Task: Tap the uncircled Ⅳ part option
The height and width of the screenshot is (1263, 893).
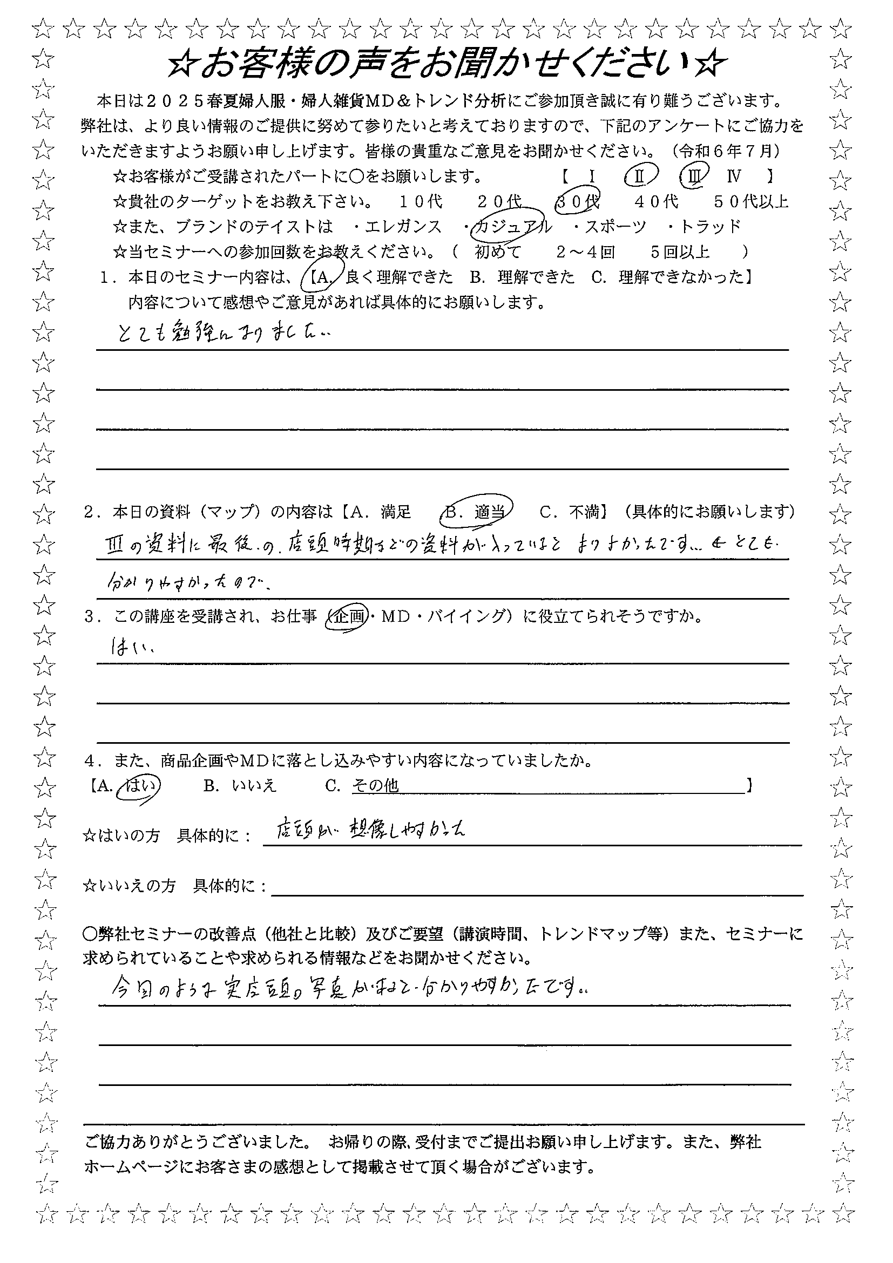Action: [x=733, y=176]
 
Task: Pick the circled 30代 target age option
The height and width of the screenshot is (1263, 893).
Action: [x=577, y=202]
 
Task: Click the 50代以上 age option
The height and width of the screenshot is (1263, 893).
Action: [x=751, y=202]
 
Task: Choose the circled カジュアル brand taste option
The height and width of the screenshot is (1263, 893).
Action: [x=512, y=227]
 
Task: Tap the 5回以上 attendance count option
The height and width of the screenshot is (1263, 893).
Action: [x=680, y=252]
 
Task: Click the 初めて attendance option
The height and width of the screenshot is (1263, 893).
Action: [x=498, y=252]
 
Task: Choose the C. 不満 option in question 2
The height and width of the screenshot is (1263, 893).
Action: [x=570, y=512]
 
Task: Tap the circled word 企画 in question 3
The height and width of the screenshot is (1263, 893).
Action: [x=348, y=617]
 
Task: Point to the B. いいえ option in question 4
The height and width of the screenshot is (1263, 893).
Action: [x=240, y=785]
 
